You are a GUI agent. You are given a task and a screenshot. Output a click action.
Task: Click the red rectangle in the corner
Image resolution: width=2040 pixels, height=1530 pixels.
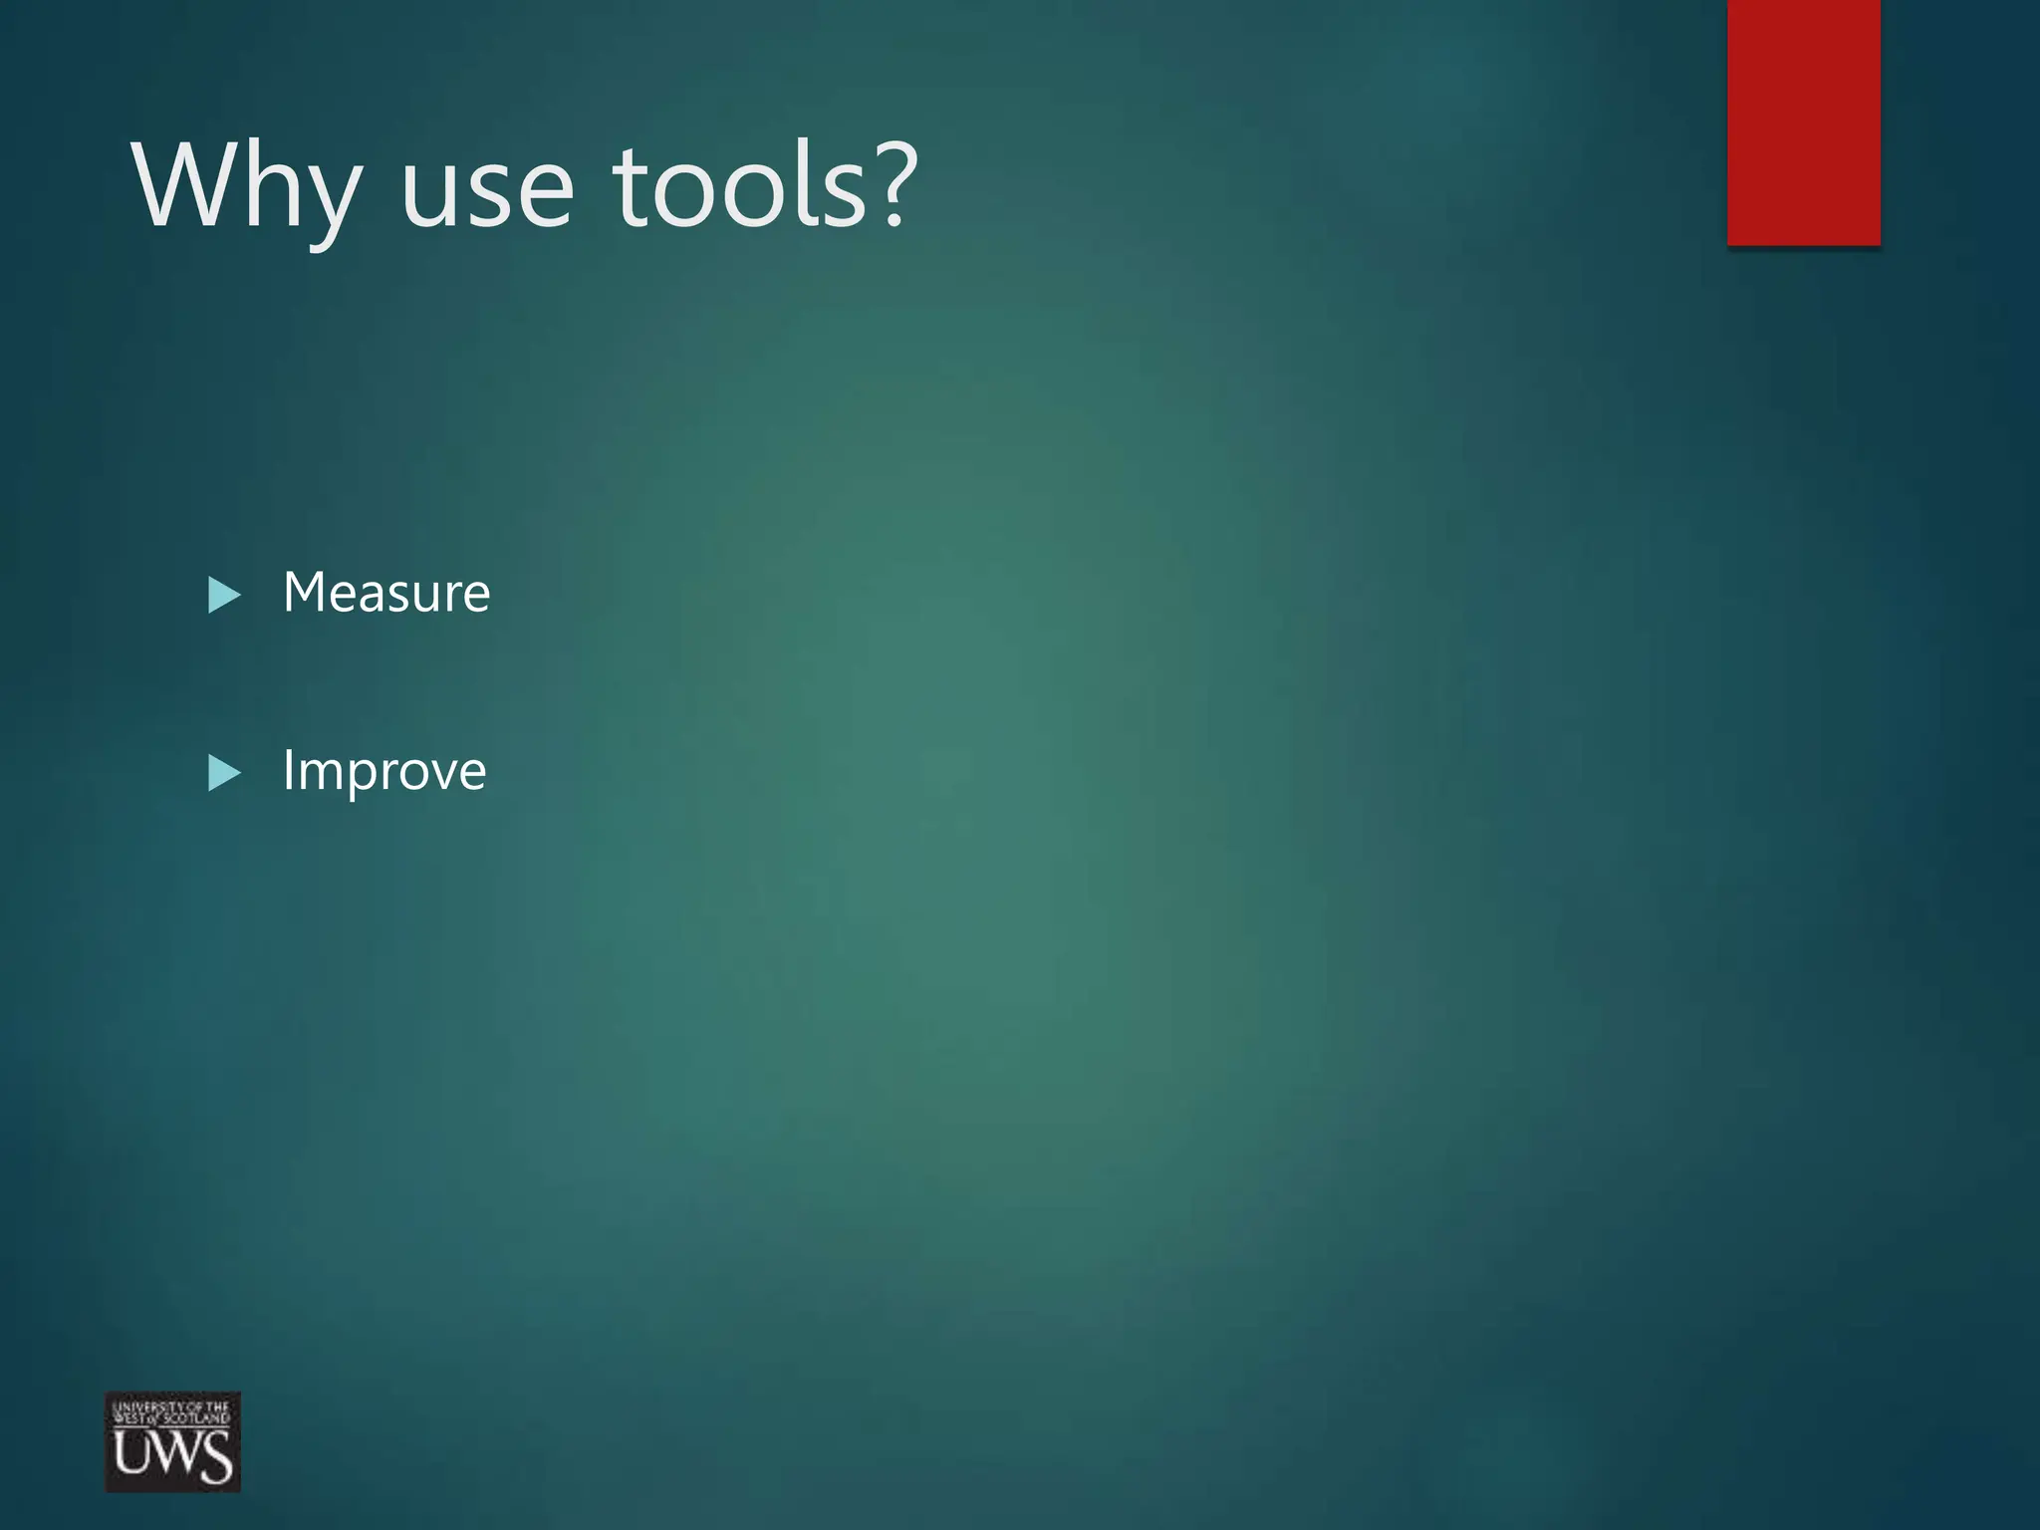(1803, 122)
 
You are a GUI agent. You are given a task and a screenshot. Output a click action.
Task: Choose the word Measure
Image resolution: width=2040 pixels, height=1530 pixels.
(386, 593)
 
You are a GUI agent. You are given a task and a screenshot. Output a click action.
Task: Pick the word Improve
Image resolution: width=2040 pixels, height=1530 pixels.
(384, 771)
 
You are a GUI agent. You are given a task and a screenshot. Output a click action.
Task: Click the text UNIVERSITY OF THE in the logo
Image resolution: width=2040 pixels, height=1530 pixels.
(170, 1407)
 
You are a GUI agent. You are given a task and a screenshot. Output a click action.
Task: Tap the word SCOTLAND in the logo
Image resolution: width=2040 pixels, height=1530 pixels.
(196, 1418)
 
